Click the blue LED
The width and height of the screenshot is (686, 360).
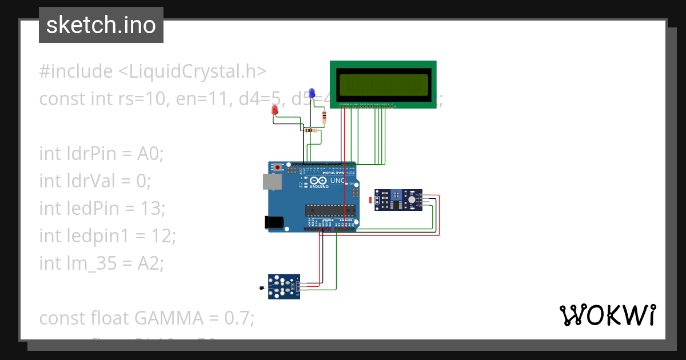point(312,93)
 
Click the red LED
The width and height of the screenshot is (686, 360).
point(275,110)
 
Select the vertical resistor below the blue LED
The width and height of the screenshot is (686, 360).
point(325,118)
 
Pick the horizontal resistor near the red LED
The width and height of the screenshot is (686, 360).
point(311,130)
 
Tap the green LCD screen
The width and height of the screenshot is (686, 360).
point(383,85)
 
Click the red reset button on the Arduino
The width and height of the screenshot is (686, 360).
point(278,167)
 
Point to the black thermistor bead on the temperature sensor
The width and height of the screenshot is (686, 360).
point(262,289)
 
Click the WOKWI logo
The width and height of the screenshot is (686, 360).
point(607,315)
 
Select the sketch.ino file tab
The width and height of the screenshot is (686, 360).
point(101,25)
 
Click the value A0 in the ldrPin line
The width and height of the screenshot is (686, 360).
point(149,153)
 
